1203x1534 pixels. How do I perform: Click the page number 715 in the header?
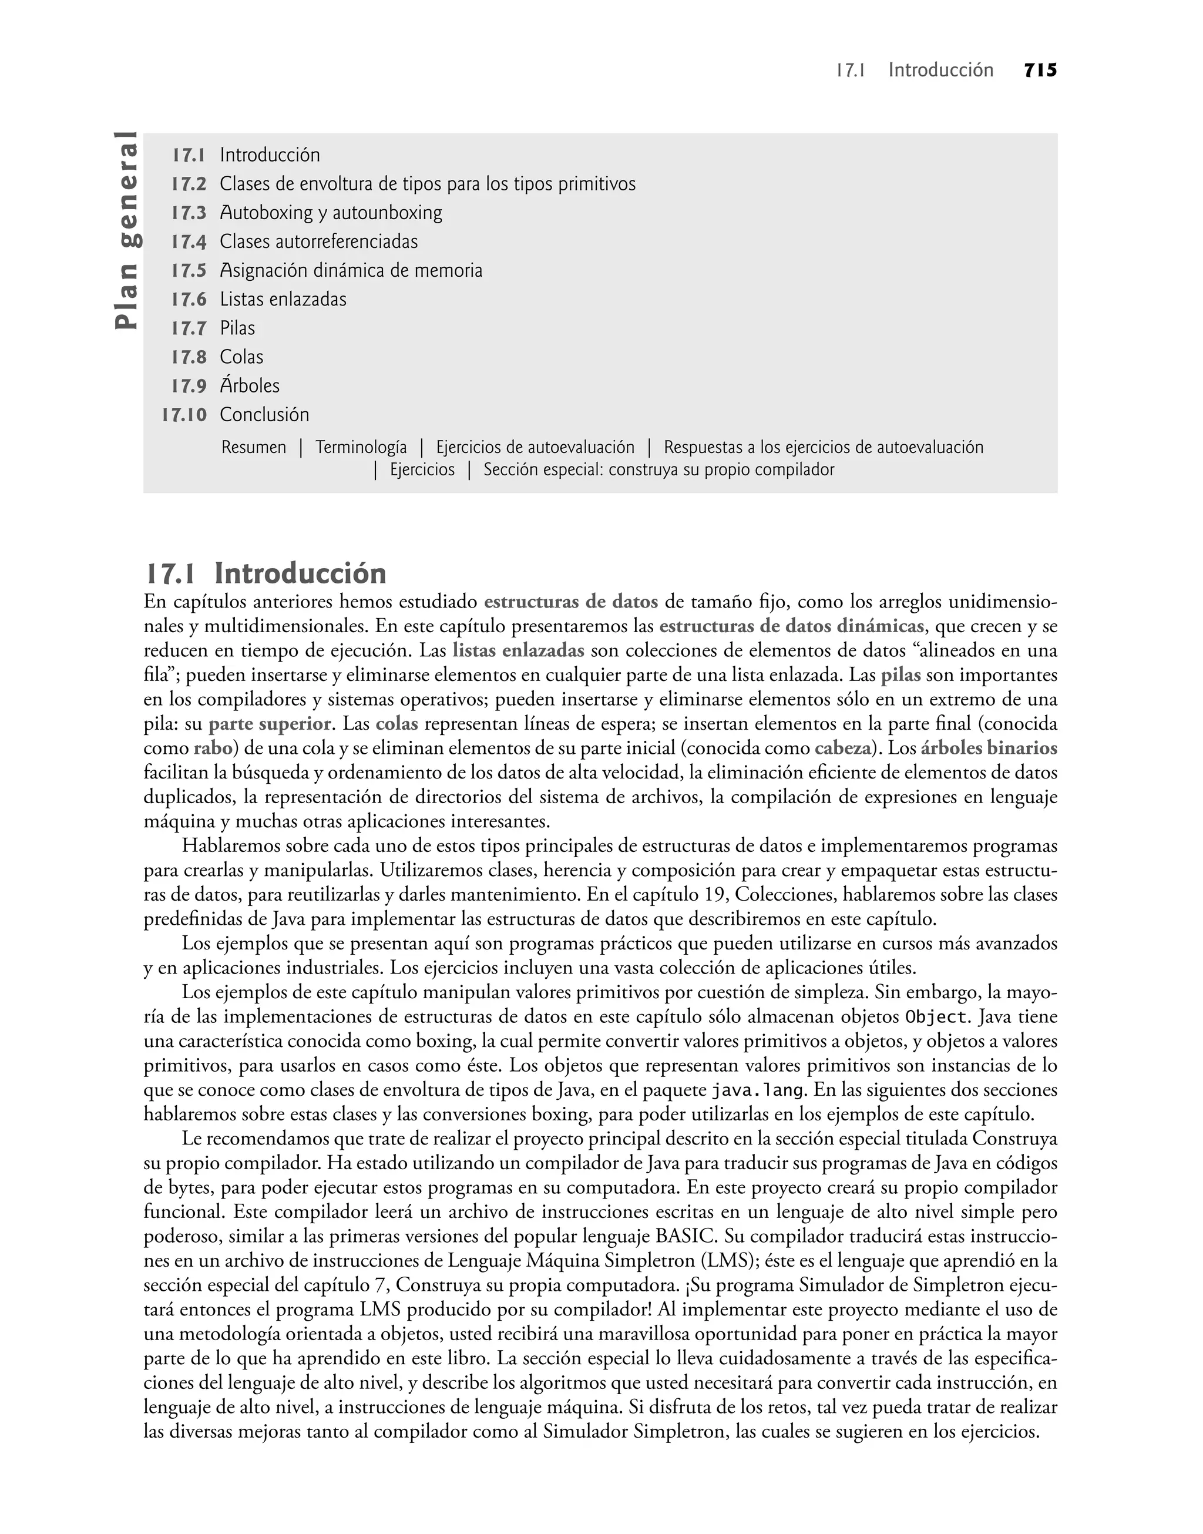tap(1040, 71)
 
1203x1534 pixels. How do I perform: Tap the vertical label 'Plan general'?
tap(128, 230)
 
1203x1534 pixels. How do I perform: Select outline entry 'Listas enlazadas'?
tap(283, 299)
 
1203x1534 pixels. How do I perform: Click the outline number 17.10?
tap(184, 415)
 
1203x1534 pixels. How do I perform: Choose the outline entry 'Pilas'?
tap(237, 328)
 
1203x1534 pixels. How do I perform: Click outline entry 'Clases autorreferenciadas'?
tap(318, 241)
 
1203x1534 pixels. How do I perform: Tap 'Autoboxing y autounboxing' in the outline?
tap(331, 213)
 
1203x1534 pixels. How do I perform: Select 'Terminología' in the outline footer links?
tap(361, 447)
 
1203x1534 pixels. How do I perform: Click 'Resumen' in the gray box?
tap(254, 447)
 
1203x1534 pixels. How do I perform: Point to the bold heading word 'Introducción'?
tap(300, 574)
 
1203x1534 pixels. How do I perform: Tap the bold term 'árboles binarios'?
tap(989, 747)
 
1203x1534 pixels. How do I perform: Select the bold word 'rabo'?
tap(213, 747)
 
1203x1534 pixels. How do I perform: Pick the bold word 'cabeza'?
tap(842, 747)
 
